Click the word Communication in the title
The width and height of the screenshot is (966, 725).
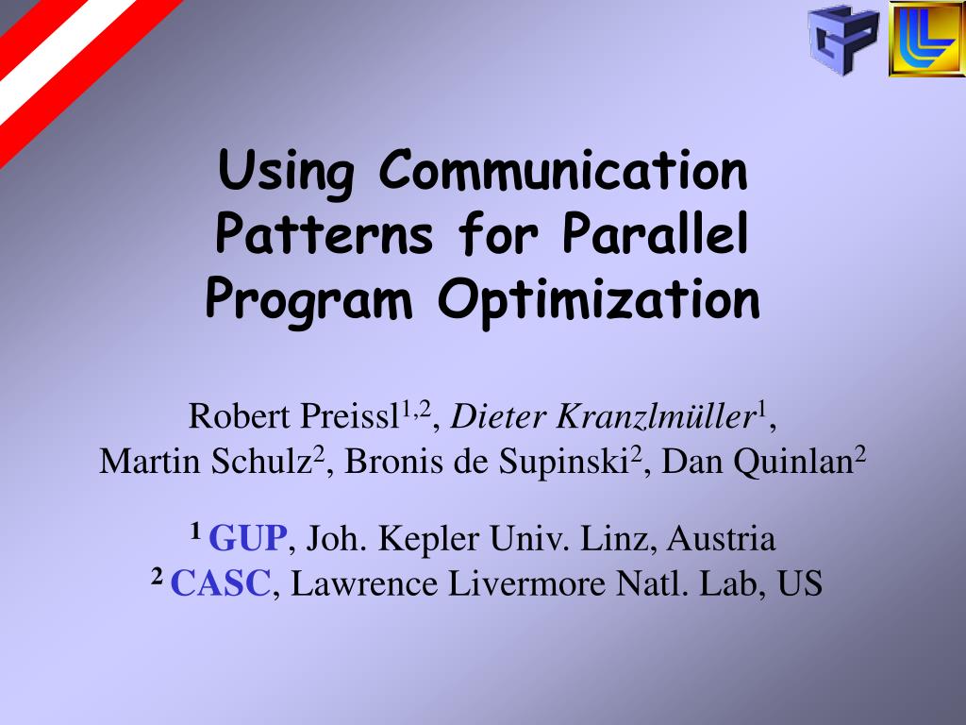(x=563, y=172)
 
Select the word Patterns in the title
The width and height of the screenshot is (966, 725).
(x=324, y=235)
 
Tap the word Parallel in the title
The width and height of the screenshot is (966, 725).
(x=655, y=235)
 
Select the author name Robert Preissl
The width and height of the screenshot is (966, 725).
(x=295, y=415)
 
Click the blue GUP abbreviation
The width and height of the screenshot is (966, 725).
(x=247, y=540)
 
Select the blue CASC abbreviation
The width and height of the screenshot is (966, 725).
(x=221, y=585)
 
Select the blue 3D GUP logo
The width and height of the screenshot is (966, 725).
(x=842, y=40)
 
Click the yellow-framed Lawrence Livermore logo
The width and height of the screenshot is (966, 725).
(x=925, y=40)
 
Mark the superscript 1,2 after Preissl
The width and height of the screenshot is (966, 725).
(x=417, y=407)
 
